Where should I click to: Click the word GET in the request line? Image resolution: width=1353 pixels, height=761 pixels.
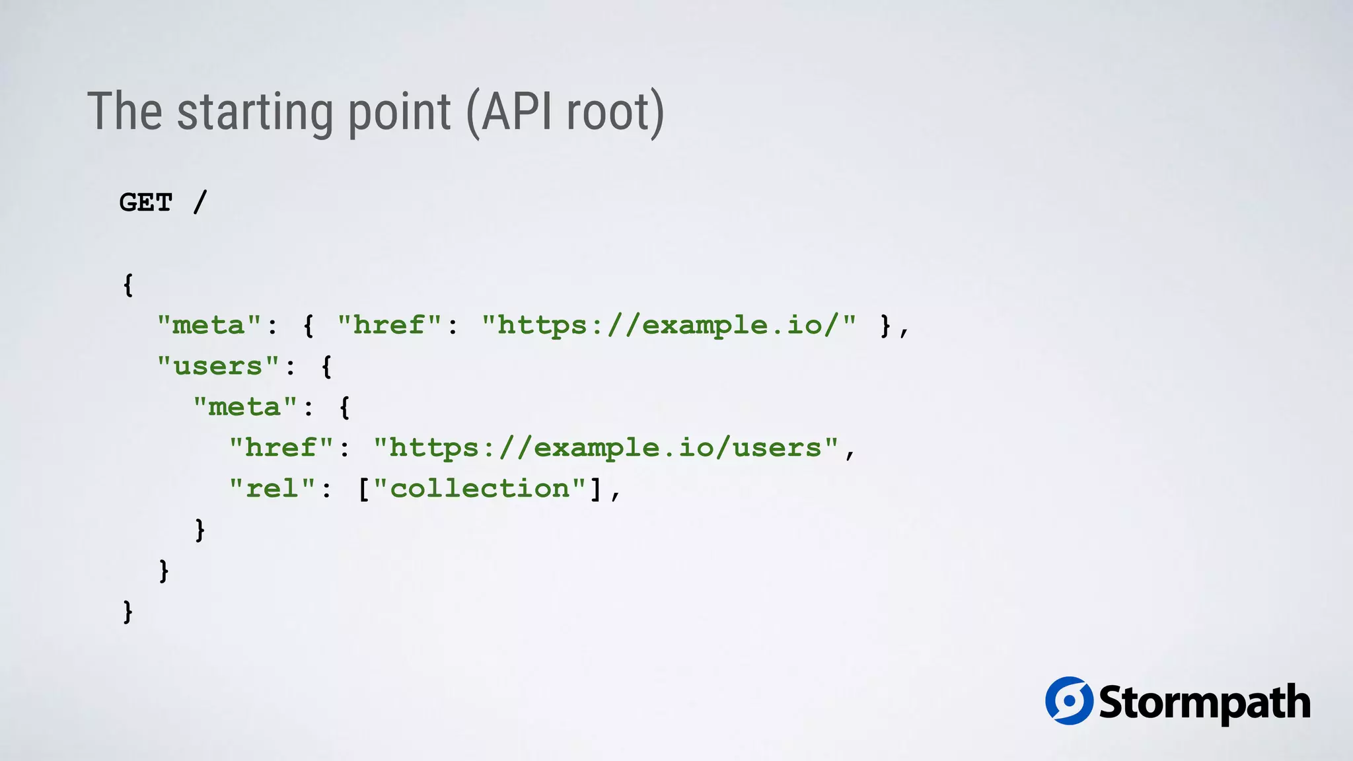point(146,202)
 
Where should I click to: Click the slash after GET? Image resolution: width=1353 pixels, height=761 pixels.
point(200,202)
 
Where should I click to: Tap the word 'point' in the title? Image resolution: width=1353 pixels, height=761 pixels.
point(399,112)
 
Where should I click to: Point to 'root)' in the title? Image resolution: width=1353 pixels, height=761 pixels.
point(615,112)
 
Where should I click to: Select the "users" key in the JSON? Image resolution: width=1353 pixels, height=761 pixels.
point(218,366)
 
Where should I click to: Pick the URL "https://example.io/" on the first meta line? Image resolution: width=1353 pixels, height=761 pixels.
point(669,325)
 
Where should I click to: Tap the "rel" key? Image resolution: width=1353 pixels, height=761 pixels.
point(272,489)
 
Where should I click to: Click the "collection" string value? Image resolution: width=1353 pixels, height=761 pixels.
point(480,489)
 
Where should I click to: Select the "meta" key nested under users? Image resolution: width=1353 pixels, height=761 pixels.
point(244,407)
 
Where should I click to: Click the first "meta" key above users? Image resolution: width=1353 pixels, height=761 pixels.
point(209,325)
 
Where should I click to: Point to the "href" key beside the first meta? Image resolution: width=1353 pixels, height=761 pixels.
point(389,325)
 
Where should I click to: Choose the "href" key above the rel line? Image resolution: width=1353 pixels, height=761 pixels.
point(281,448)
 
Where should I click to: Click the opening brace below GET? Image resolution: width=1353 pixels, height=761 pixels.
point(128,285)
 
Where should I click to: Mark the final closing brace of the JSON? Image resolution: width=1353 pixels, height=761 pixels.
point(128,611)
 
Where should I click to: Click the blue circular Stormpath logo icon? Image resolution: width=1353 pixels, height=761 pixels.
point(1069,701)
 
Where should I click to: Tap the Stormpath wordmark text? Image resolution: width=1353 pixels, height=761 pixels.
point(1204,703)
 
